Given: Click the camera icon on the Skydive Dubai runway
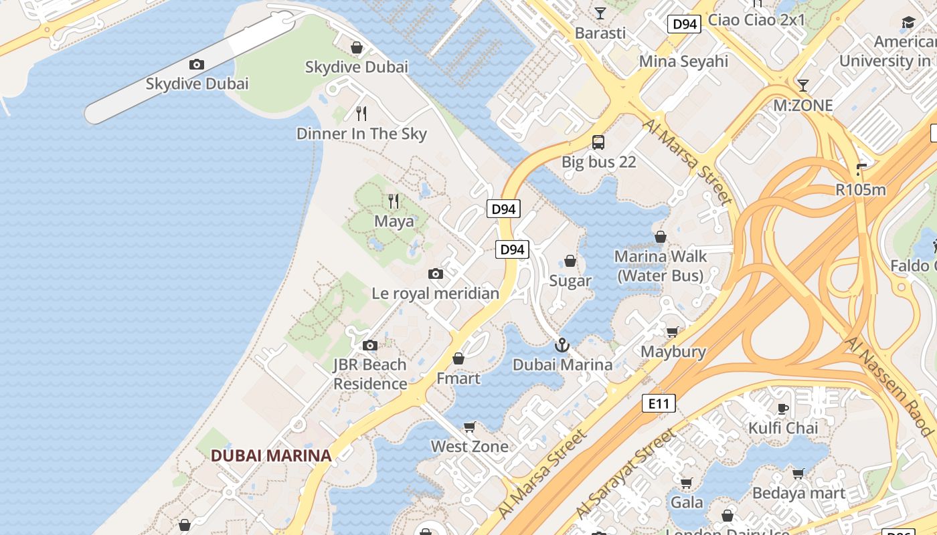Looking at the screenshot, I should tap(196, 65).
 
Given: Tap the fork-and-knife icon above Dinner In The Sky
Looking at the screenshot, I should tap(361, 113).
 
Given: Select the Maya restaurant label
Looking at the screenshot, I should tap(394, 221).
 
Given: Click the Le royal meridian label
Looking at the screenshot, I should tap(436, 293).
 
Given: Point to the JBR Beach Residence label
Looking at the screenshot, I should tap(370, 374).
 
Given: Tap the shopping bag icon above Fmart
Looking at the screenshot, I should tap(458, 359).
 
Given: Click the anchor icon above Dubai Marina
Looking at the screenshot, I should tap(562, 345).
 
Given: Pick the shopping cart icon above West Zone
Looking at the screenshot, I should tap(470, 427).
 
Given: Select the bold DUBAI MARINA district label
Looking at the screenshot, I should tap(271, 455).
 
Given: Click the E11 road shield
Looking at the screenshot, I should tap(659, 403).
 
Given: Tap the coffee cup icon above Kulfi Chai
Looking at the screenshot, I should tap(783, 409).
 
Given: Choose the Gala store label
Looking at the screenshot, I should tap(687, 502).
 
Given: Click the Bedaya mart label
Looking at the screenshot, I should tap(798, 494).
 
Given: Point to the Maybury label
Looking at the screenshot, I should tap(673, 352).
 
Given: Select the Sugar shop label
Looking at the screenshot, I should tap(570, 281).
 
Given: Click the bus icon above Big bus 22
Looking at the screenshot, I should tap(598, 142).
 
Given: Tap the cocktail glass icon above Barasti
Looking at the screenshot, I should tap(600, 13).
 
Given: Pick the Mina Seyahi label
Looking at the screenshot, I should tap(683, 62).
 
